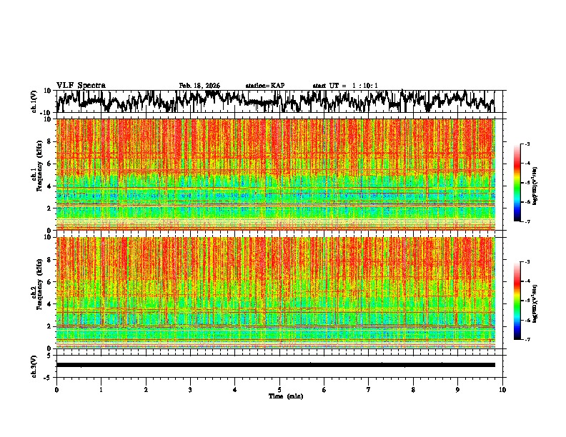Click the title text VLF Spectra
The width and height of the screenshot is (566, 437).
(81, 86)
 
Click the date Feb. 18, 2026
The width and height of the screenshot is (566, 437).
(199, 86)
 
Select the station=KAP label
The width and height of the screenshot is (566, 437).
(264, 86)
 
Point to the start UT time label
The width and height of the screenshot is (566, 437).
(345, 86)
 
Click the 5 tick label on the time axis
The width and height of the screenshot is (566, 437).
(279, 389)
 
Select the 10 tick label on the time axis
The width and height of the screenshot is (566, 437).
(502, 389)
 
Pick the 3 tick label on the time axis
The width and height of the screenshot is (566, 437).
(190, 389)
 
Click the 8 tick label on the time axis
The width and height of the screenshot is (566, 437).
(413, 389)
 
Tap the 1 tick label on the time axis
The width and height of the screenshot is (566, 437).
(101, 389)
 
